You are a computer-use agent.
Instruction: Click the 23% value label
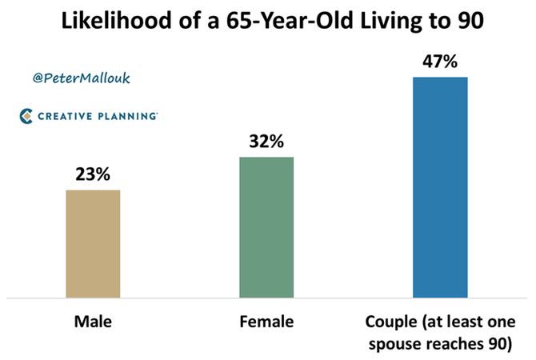pos(92,175)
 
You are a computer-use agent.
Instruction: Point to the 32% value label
pos(266,142)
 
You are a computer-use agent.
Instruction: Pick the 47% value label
pos(440,61)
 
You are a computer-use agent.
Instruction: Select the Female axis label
pos(266,322)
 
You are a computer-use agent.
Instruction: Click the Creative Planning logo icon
pos(26,116)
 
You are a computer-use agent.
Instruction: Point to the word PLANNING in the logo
pos(126,116)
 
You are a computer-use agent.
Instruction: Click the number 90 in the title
pos(478,22)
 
